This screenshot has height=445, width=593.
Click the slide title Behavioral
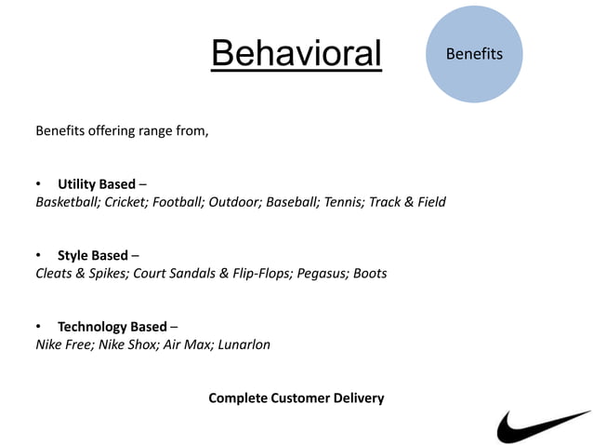(x=296, y=53)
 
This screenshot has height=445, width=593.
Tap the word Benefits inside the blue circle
(x=474, y=54)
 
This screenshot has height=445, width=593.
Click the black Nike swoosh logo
(x=543, y=426)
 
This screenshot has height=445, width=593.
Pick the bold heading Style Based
(x=92, y=255)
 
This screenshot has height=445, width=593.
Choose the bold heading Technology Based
(x=112, y=326)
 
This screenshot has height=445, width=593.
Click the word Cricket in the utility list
(x=125, y=202)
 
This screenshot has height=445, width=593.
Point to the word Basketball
(x=67, y=202)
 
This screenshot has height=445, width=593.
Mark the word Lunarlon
(x=246, y=344)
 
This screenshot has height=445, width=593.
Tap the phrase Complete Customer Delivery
(x=296, y=398)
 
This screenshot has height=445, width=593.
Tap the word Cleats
(x=55, y=274)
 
